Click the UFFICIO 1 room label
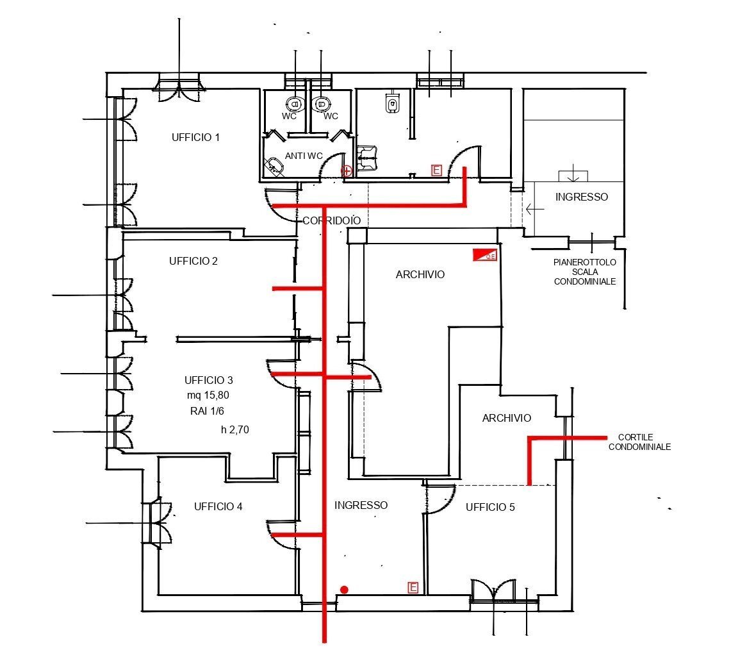(195, 137)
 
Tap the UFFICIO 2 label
(193, 261)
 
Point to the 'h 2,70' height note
(234, 430)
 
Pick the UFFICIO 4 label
(218, 506)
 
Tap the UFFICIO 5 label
(490, 507)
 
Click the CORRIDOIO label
(331, 220)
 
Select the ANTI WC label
(304, 156)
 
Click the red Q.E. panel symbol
(484, 254)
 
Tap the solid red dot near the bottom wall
(344, 589)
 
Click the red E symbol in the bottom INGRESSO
(413, 588)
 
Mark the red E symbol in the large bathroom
(436, 170)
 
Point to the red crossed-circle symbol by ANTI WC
(347, 170)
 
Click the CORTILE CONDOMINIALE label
(639, 442)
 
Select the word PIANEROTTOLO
(585, 262)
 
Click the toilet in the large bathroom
(392, 103)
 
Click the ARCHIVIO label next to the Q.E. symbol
(420, 274)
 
